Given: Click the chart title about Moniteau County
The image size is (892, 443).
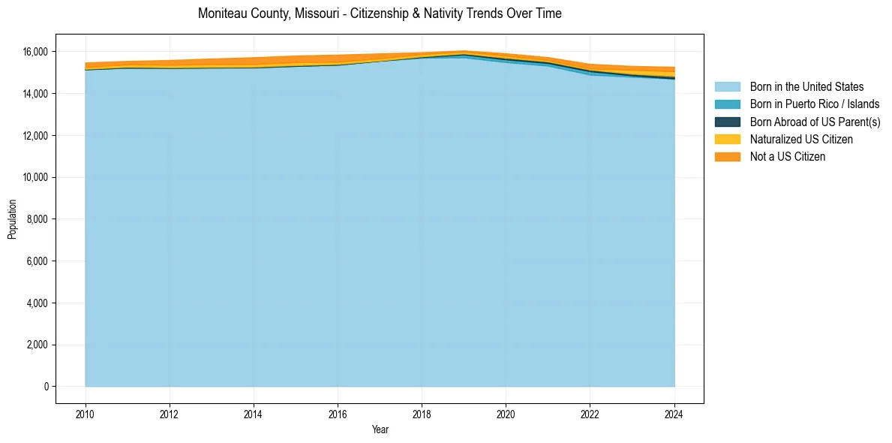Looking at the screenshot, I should pos(380,14).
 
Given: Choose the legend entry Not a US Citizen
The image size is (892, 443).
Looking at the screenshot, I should pos(787,156).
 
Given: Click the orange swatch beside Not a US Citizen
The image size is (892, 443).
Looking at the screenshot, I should pos(727,156).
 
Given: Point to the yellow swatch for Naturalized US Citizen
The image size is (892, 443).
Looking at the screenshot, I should pos(727,139).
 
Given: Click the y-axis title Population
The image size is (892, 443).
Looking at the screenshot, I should pos(12,219).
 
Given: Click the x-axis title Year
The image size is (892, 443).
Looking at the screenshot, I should pos(380,429).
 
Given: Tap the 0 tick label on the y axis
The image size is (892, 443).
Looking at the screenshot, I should pos(46,387).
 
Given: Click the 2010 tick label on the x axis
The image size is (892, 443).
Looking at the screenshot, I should pos(86,413).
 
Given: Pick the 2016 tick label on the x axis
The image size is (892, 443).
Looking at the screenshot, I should pos(338,413).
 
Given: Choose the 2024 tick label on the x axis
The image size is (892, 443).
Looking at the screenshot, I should pos(674,413).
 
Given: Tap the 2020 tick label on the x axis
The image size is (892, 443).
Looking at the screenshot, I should pos(506,413).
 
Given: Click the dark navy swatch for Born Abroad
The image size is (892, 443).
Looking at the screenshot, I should pos(727,122).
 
